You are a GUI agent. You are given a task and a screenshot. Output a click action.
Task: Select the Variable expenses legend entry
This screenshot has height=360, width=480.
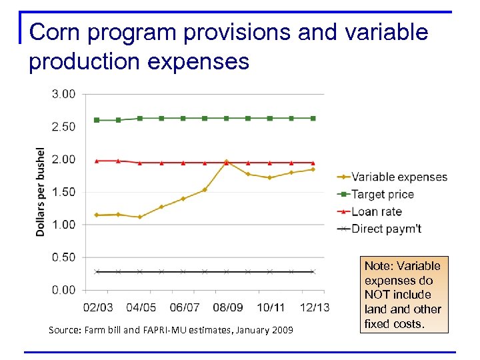(x=399, y=177)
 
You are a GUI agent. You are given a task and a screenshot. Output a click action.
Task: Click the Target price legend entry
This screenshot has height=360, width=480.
(x=382, y=194)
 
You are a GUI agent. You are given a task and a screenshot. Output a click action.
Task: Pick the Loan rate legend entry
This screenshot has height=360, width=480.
(x=376, y=211)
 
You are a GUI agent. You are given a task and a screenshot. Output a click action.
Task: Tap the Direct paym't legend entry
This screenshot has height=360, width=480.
(x=386, y=229)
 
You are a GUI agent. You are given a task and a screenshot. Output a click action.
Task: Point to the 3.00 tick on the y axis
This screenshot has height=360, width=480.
(x=64, y=94)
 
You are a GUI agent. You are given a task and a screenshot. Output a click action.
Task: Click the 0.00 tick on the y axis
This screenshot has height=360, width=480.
(x=64, y=290)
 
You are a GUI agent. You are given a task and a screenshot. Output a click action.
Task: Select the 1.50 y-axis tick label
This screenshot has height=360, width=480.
(x=64, y=192)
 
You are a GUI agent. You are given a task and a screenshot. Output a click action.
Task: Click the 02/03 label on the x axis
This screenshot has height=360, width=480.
(x=97, y=307)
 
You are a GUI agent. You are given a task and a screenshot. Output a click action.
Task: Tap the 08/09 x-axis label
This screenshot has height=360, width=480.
(x=227, y=307)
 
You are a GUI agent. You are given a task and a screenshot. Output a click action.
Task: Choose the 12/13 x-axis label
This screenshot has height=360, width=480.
(x=313, y=307)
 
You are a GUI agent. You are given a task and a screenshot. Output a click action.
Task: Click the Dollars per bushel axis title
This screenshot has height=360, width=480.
(x=41, y=192)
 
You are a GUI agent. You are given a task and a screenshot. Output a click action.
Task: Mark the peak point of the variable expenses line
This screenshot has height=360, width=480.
(x=226, y=161)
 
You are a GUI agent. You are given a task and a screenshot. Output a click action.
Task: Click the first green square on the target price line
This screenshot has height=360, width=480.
(x=97, y=120)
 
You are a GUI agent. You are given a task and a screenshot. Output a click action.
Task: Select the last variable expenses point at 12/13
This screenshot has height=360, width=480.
(x=313, y=169)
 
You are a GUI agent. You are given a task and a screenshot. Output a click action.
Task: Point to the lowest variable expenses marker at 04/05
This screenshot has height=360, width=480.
(x=140, y=217)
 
